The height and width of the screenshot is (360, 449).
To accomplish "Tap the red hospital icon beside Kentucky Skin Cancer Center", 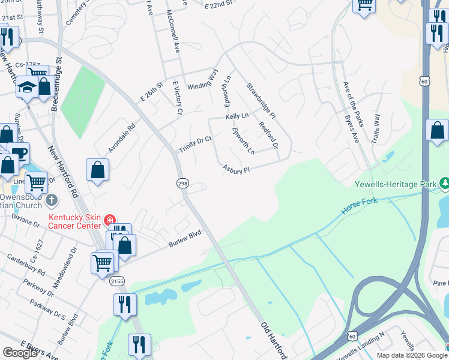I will pyautogui.click(x=109, y=220).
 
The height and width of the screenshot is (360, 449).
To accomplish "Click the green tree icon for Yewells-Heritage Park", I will pyautogui.click(x=445, y=182).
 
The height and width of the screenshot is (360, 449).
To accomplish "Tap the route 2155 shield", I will pyautogui.click(x=118, y=281).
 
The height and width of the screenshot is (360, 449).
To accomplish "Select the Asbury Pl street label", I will pyautogui.click(x=236, y=170).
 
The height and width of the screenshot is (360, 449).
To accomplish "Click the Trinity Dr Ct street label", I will pyautogui.click(x=196, y=144).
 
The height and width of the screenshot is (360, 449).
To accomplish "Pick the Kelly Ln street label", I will pyautogui.click(x=237, y=116).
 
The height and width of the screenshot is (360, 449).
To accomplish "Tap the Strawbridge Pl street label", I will pyautogui.click(x=261, y=100).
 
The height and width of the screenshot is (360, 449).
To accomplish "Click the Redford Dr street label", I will pyautogui.click(x=268, y=136).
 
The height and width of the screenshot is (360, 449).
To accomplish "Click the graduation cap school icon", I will pyautogui.click(x=26, y=88).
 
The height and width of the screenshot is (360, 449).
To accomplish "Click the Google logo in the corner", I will pyautogui.click(x=20, y=353).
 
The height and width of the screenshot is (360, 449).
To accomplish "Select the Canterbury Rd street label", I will pyautogui.click(x=25, y=265).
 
